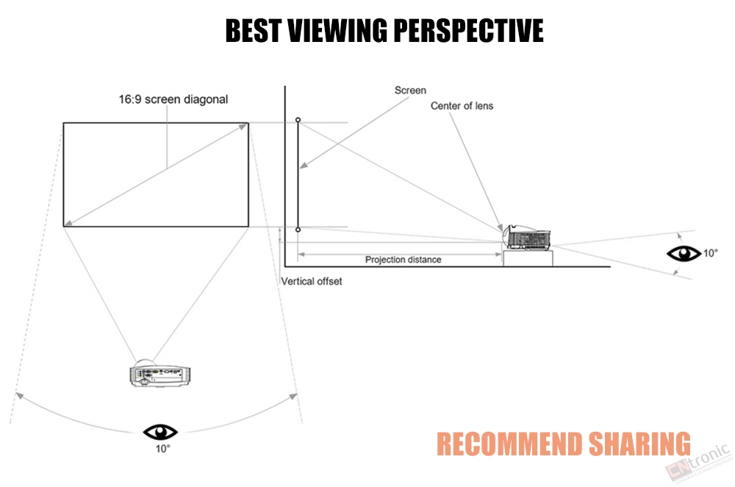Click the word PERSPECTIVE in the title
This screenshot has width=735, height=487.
tap(468, 30)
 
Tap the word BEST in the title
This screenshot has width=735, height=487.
tap(253, 30)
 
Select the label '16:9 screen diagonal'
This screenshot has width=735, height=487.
tap(173, 99)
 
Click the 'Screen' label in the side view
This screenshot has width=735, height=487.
tap(410, 90)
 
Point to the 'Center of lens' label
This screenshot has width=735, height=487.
tap(462, 106)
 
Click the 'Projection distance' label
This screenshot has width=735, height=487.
tap(403, 260)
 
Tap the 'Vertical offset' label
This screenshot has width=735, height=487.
tap(311, 281)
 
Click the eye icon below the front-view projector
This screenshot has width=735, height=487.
tap(159, 432)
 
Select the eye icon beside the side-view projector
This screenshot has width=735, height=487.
tap(684, 253)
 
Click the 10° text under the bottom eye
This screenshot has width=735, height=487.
tap(162, 449)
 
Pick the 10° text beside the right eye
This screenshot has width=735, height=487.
tap(710, 253)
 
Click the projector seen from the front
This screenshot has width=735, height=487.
tap(159, 374)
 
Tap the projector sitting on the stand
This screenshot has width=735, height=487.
tap(526, 238)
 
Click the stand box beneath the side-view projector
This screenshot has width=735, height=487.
tap(528, 258)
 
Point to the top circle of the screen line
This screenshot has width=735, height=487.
tap(298, 120)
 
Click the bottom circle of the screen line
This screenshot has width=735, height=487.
tap(298, 230)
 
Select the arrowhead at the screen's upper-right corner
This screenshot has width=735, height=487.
tap(243, 127)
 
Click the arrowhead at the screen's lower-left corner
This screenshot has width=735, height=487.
tap(68, 223)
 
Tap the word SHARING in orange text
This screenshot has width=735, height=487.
tap(639, 444)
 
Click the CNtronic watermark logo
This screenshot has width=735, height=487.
tap(698, 462)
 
